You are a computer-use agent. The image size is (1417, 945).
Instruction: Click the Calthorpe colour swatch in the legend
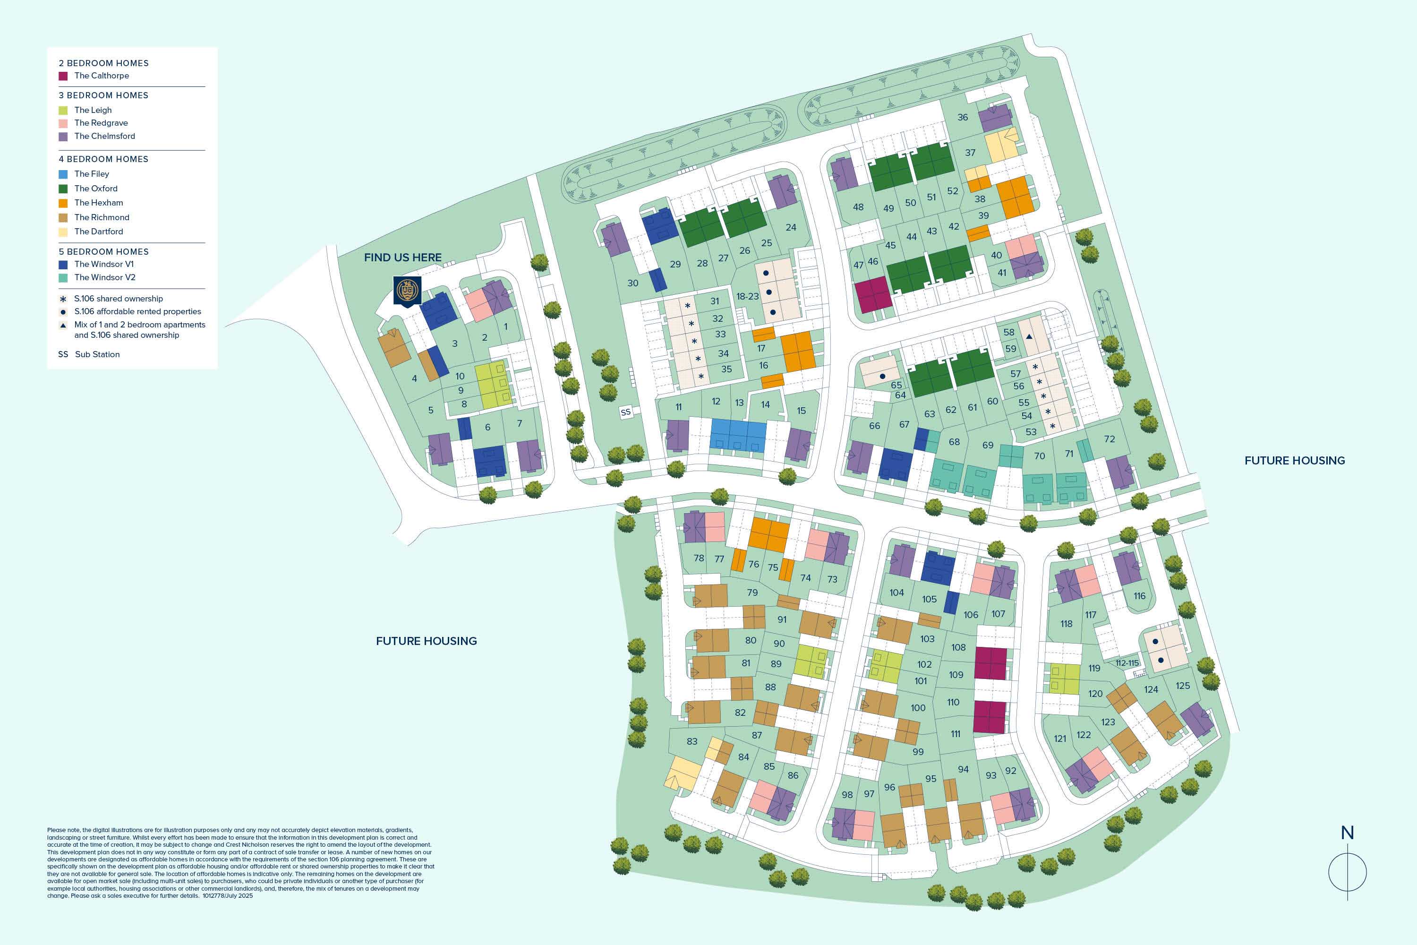(63, 76)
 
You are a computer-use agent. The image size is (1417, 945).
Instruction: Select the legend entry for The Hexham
(98, 203)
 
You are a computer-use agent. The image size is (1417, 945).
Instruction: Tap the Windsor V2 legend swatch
(63, 278)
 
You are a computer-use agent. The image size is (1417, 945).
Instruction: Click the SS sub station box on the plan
(625, 412)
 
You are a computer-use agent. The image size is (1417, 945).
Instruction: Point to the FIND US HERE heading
(402, 258)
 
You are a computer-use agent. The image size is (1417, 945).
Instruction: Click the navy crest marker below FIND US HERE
(407, 292)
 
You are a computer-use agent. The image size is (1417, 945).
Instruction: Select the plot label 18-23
(747, 297)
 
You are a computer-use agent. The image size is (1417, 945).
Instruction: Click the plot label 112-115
(1127, 663)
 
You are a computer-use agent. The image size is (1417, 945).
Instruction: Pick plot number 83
(691, 741)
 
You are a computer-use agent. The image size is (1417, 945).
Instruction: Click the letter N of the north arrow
(1347, 833)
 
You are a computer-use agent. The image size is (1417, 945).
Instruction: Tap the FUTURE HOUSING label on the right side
(1294, 460)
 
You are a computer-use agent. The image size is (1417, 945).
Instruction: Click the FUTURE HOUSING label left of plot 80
(426, 641)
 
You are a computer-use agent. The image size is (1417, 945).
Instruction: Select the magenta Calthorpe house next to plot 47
(873, 295)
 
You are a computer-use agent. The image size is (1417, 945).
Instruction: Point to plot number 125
(1183, 686)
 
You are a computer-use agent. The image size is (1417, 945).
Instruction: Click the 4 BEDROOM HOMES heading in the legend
(103, 159)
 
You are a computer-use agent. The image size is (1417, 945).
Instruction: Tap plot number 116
(1139, 596)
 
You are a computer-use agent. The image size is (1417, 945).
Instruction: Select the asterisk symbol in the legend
(63, 299)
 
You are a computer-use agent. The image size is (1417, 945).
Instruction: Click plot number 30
(632, 283)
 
